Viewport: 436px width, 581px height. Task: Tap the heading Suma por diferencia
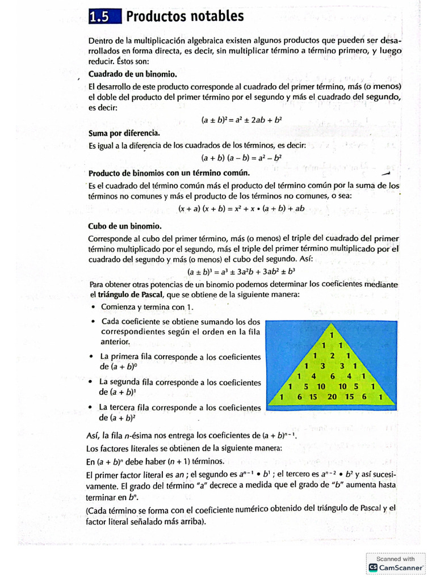124,133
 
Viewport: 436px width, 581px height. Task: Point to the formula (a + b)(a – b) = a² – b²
242,157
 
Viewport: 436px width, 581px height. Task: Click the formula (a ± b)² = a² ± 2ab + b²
242,120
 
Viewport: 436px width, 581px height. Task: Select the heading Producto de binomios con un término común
169,172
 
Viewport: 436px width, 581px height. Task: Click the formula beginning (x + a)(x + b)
242,208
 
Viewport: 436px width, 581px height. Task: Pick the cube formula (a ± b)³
242,271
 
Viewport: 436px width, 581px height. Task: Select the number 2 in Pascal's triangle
333,355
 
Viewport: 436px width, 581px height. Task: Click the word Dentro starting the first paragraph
101,41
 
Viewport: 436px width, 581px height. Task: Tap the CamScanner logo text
401,567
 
